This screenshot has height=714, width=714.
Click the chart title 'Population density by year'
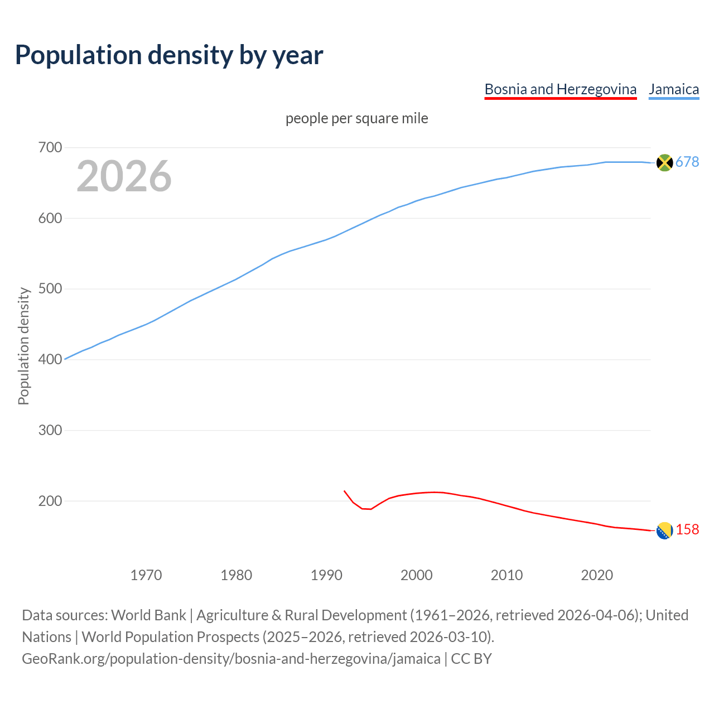(169, 55)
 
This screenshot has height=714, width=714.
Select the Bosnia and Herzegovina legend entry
(560, 89)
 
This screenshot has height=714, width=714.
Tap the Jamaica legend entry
(673, 89)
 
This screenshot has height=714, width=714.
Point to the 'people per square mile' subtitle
(356, 118)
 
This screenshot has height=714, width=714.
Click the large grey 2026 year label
(124, 176)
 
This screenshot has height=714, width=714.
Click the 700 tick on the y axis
(50, 148)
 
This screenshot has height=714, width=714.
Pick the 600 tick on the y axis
(50, 218)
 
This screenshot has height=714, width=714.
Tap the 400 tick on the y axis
(50, 360)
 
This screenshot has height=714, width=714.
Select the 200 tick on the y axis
(50, 501)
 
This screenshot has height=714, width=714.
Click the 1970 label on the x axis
(146, 575)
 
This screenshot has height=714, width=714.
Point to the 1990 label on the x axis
(326, 575)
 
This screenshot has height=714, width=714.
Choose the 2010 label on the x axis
(506, 575)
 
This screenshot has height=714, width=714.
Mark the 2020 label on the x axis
(597, 575)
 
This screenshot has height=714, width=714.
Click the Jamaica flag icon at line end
(664, 162)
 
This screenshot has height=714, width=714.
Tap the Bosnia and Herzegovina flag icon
(664, 531)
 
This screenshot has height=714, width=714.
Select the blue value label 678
(687, 162)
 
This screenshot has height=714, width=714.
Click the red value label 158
(687, 530)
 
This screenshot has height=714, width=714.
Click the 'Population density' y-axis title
(23, 346)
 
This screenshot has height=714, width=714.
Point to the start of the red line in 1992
(345, 491)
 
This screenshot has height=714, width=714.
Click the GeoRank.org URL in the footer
(231, 659)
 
